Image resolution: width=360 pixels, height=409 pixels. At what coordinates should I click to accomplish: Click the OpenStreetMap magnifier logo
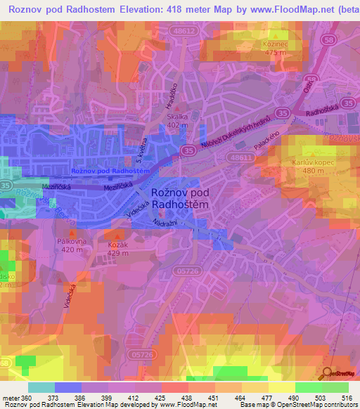click(328, 373)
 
